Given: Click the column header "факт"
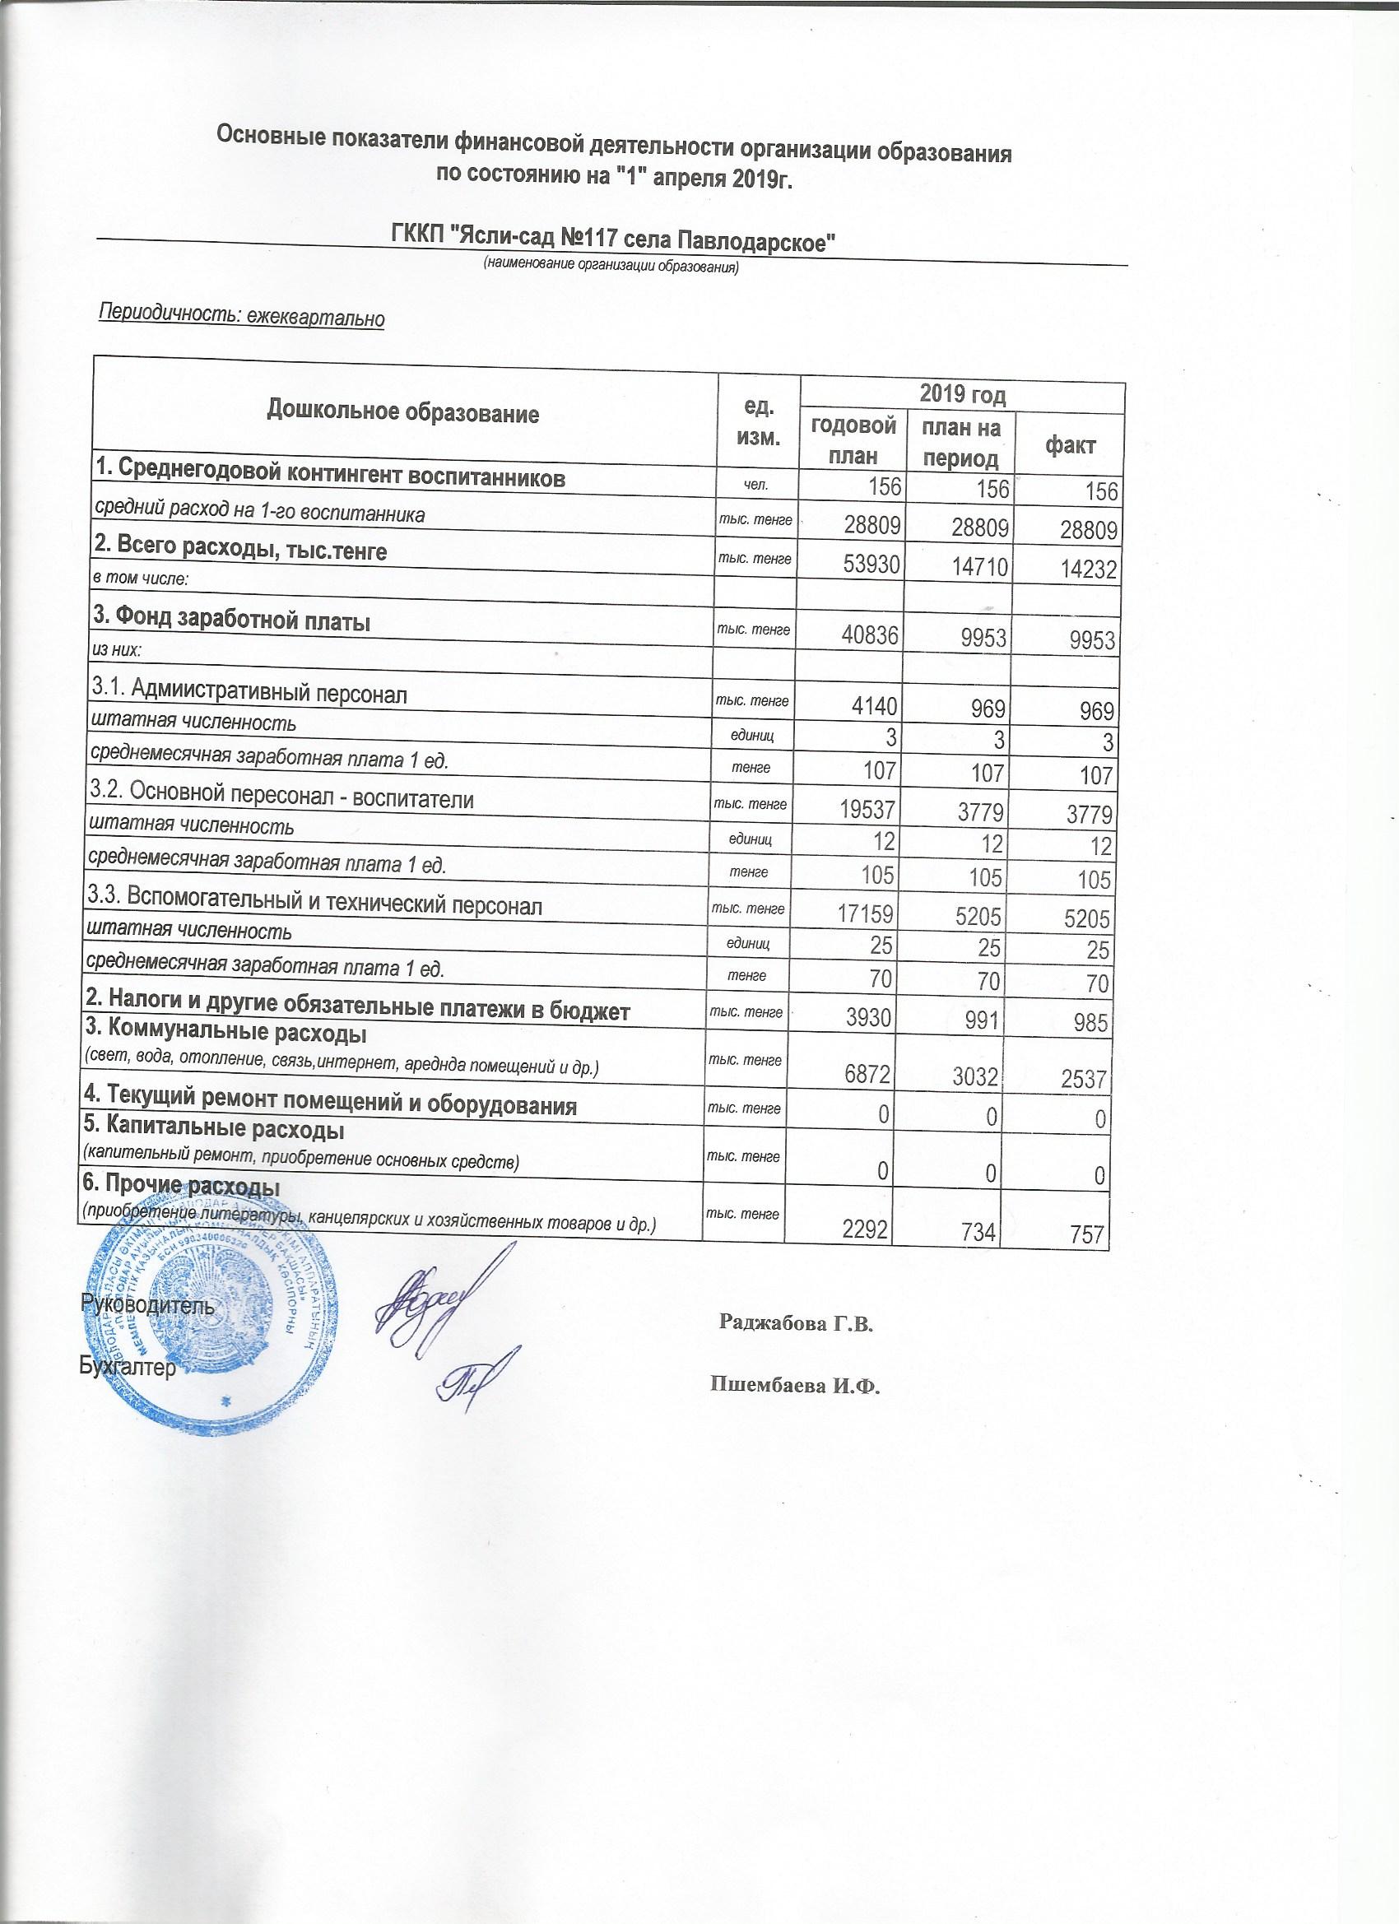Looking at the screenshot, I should [x=1070, y=445].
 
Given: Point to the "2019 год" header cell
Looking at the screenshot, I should [x=963, y=395].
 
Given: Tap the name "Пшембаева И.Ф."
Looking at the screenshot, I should [x=795, y=1386].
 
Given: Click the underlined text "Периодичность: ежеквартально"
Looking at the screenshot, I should [x=243, y=315].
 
